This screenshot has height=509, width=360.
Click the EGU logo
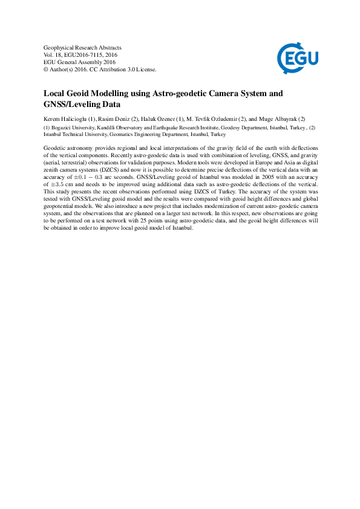298,58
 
